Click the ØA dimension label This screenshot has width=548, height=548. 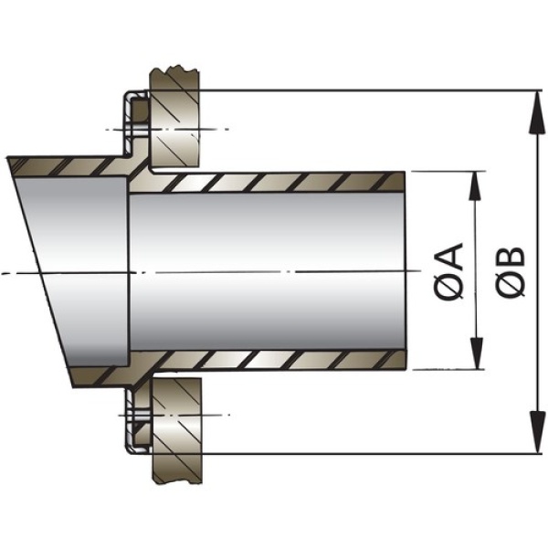click(450, 271)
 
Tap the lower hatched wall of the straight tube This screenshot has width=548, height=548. click(274, 360)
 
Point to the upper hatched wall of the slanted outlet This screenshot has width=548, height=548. click(64, 165)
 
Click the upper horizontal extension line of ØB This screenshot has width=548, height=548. click(365, 90)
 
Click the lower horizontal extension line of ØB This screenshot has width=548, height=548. click(365, 454)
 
